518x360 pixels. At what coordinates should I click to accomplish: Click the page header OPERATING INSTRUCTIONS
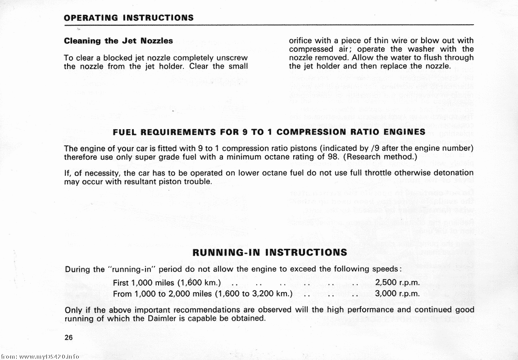click(x=129, y=18)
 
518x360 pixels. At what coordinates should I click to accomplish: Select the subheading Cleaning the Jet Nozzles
click(x=118, y=40)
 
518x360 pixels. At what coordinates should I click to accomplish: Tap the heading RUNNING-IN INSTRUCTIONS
click(x=269, y=252)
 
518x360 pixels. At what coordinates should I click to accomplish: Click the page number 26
click(x=68, y=337)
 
